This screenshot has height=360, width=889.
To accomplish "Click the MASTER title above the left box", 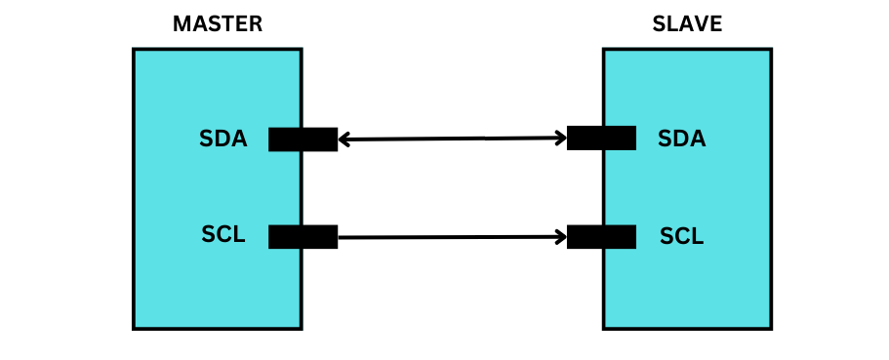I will pyautogui.click(x=218, y=24).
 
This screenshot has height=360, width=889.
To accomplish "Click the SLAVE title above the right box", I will pyautogui.click(x=687, y=24).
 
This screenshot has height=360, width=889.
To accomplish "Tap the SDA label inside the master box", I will pyautogui.click(x=223, y=140).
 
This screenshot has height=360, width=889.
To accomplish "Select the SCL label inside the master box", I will pyautogui.click(x=223, y=235).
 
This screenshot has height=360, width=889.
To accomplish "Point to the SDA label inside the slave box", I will pyautogui.click(x=681, y=139).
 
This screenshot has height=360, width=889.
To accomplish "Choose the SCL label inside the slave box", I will pyautogui.click(x=681, y=236).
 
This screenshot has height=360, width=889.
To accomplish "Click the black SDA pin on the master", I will pyautogui.click(x=303, y=140).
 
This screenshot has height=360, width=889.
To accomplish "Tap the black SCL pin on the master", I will pyautogui.click(x=303, y=236).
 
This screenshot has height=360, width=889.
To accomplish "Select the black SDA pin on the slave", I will pyautogui.click(x=601, y=139).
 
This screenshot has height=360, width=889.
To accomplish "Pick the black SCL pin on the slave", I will pyautogui.click(x=601, y=236).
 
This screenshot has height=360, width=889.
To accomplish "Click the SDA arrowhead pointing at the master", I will pyautogui.click(x=343, y=140).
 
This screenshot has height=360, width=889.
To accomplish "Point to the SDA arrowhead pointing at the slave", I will pyautogui.click(x=561, y=138).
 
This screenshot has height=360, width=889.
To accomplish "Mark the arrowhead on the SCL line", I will pyautogui.click(x=561, y=236).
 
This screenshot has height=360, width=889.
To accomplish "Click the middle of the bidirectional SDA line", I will pyautogui.click(x=453, y=139).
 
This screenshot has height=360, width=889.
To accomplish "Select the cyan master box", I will pyautogui.click(x=217, y=283).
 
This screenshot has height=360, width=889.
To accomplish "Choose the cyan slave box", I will pyautogui.click(x=687, y=283).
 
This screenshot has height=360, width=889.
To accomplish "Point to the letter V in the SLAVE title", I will pyautogui.click(x=702, y=24).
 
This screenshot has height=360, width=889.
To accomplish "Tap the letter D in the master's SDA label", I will pyautogui.click(x=223, y=140).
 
